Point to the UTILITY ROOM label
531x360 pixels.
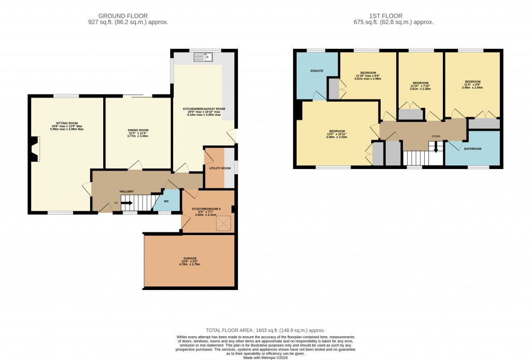216,169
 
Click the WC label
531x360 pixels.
166,201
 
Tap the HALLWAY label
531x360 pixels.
127,191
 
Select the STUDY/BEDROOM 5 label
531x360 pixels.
208,209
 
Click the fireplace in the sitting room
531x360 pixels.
34,149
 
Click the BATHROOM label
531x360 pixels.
472,149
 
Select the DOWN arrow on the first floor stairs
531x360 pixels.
436,147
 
